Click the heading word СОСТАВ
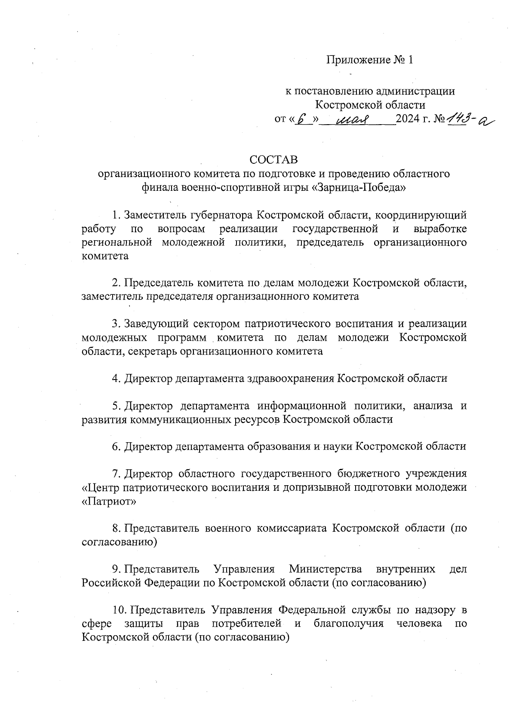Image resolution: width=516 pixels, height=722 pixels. click(x=273, y=159)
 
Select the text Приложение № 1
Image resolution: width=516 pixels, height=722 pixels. click(x=369, y=60)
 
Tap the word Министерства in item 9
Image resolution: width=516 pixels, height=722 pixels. click(x=325, y=569)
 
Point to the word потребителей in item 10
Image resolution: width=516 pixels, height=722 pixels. click(x=247, y=623)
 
